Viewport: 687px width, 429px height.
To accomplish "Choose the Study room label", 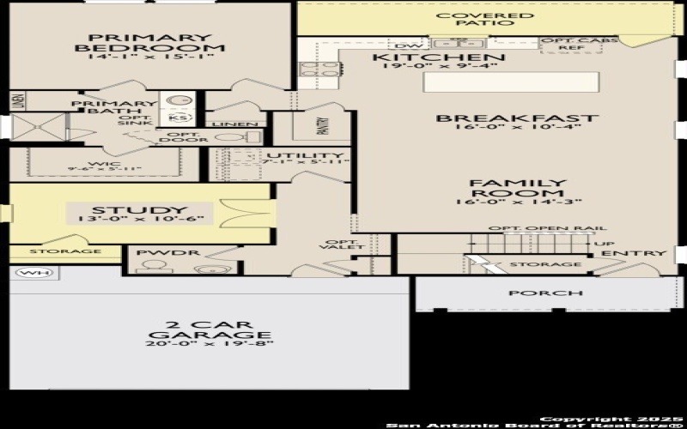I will (x=138, y=210).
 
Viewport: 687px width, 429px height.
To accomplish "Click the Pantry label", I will (x=323, y=127).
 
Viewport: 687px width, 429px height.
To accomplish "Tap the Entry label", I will (x=633, y=253).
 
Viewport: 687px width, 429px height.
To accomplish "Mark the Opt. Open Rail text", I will (x=547, y=228).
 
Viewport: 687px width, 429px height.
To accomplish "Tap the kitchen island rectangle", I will (x=509, y=82).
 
